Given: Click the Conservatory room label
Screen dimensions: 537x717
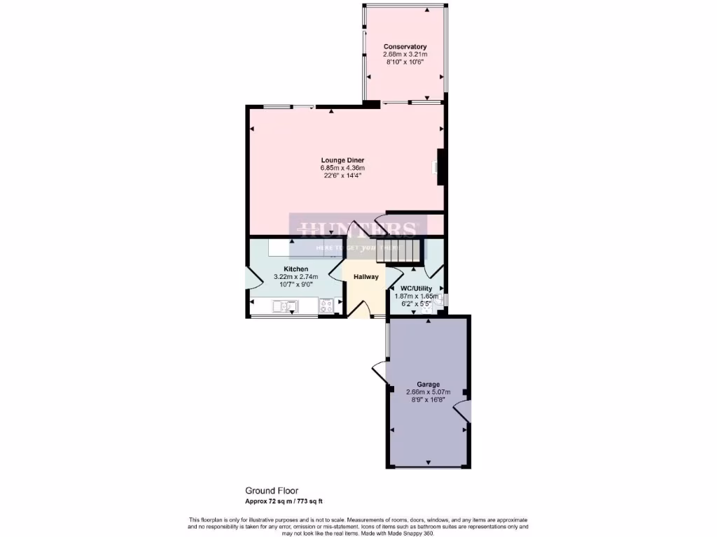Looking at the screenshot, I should pos(405,47).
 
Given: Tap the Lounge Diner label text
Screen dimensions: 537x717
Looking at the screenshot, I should pos(342,160).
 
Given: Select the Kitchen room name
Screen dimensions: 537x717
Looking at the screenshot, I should pos(295,269).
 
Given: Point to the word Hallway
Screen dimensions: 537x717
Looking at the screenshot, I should pos(366,277).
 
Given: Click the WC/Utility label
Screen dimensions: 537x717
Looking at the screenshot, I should pos(416,288).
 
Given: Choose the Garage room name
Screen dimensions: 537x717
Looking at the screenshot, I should pos(428,385).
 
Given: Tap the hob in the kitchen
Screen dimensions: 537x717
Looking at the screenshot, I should pos(326,305).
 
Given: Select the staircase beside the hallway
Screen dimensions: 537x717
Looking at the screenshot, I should pos(401,250).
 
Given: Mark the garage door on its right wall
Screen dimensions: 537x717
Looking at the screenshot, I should pos(463,411).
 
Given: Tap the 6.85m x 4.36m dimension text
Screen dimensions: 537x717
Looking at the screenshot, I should pos(342,169).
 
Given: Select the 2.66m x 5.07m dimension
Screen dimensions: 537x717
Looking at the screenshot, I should pos(428,392).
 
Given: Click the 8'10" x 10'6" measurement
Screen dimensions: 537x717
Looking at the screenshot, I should pos(405,62).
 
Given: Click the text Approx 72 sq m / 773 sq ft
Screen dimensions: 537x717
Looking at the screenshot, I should pos(284,501).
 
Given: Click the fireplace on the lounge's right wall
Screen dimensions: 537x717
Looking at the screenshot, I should pos(440,167).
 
